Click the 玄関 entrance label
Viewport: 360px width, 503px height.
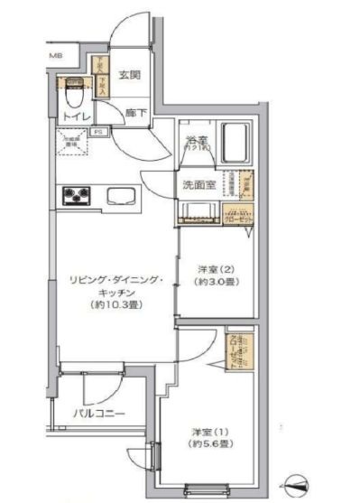130,75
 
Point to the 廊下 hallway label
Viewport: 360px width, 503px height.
136,115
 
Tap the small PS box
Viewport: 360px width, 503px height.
97,132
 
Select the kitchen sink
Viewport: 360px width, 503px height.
119,195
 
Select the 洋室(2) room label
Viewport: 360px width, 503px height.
215,267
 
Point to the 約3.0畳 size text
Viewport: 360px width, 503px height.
215,281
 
